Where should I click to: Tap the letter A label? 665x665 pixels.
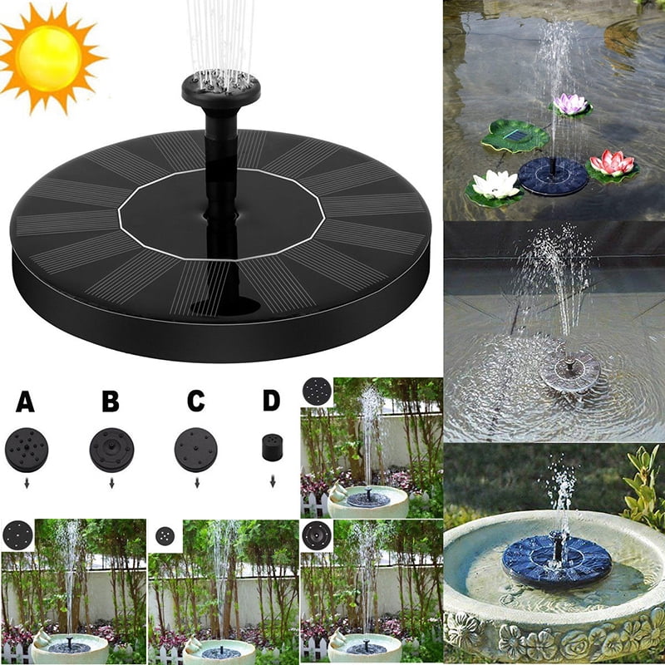(x=26, y=403)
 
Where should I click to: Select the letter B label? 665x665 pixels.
(x=111, y=403)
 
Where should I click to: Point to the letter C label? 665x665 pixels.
(x=195, y=402)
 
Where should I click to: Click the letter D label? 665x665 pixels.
(x=272, y=401)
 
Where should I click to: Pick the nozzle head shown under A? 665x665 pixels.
(x=27, y=450)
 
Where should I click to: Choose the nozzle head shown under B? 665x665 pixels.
(x=111, y=450)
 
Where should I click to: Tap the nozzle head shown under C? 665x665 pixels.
(x=196, y=450)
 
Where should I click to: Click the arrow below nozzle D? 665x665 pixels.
(x=272, y=481)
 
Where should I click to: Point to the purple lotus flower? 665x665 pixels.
(x=570, y=104)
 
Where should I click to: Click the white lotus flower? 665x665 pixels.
(x=495, y=185)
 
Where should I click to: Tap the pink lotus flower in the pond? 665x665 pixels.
(x=613, y=163)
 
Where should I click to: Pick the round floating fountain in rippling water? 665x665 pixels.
(x=570, y=369)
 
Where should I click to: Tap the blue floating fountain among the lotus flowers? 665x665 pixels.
(x=553, y=175)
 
